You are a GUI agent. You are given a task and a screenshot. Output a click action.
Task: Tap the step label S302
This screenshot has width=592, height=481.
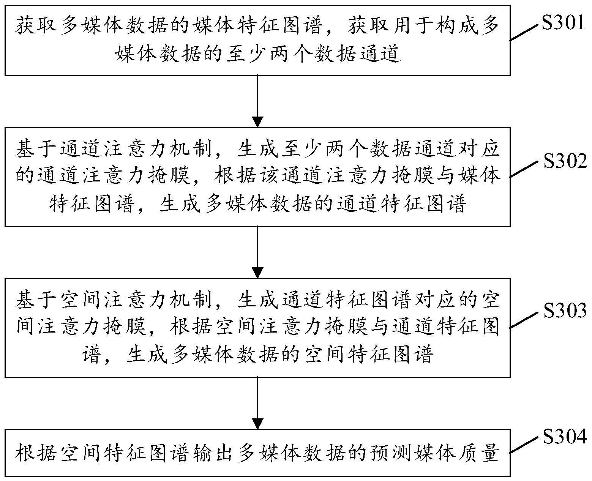(x=565, y=162)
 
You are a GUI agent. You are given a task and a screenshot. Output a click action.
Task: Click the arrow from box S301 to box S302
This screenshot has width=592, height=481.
(x=257, y=101)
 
